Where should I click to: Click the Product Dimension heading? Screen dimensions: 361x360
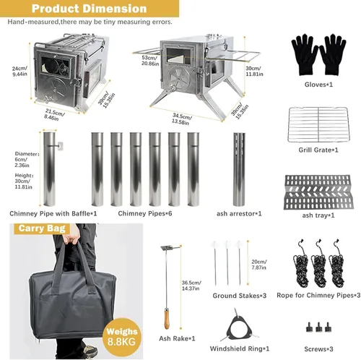click(x=90, y=9)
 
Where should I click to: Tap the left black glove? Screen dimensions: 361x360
click(x=305, y=55)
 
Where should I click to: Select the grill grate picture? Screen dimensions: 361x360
click(x=318, y=124)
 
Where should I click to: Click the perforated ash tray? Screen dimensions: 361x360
click(x=318, y=192)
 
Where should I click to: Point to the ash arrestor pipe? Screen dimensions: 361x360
click(x=239, y=169)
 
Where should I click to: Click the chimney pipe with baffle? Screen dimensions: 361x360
click(x=50, y=169)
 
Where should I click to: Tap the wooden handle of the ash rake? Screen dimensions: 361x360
click(x=167, y=320)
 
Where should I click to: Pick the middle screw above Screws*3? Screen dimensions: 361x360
click(x=318, y=327)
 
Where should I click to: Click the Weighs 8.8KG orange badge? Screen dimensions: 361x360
click(x=122, y=337)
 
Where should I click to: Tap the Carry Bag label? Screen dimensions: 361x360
click(x=42, y=228)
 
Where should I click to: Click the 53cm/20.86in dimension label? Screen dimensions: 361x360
click(x=150, y=61)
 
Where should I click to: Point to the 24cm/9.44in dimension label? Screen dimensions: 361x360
click(x=19, y=72)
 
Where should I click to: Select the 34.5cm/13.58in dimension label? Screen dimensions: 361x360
click(x=181, y=119)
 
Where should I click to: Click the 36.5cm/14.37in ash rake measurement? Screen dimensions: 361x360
click(x=191, y=286)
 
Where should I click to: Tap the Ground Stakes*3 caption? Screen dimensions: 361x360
click(x=240, y=296)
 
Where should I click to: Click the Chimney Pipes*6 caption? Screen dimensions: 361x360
click(x=145, y=213)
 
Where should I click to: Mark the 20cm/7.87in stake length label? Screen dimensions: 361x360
click(x=259, y=265)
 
